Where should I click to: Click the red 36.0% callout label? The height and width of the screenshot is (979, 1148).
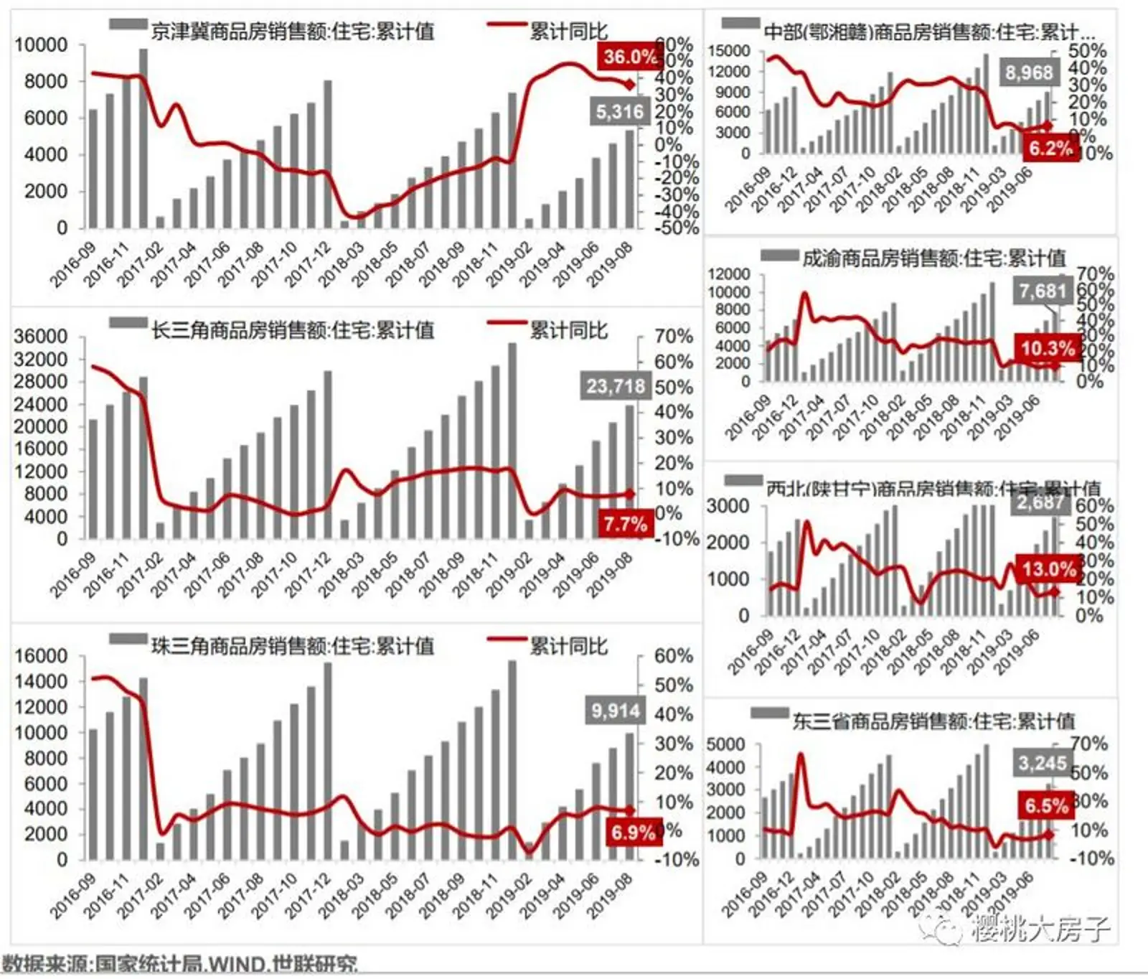[x=629, y=57]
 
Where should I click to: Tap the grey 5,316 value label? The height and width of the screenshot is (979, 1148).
[x=619, y=111]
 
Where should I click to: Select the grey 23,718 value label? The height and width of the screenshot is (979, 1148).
[x=616, y=386]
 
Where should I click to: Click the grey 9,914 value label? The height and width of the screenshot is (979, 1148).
[x=615, y=711]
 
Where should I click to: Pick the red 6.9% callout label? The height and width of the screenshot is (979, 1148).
[x=633, y=833]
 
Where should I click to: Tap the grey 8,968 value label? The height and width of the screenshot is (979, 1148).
[x=1028, y=72]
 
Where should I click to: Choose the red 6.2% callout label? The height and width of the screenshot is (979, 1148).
[x=1050, y=149]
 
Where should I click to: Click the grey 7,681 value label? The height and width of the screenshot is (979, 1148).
[x=1043, y=291]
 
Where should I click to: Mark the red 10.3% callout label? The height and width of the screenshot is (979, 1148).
[x=1048, y=349]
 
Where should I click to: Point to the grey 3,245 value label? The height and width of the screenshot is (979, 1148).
[x=1042, y=763]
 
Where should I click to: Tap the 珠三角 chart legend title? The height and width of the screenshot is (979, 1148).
[x=292, y=646]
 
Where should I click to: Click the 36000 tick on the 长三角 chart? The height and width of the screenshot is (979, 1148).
[x=41, y=337]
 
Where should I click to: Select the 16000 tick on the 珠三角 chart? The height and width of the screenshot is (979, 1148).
[x=41, y=656]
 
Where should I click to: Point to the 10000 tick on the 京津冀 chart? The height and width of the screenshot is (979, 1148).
[x=41, y=45]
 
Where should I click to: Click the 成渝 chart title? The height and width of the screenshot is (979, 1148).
[x=933, y=258]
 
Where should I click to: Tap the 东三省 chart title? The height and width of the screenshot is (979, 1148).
[x=933, y=721]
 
